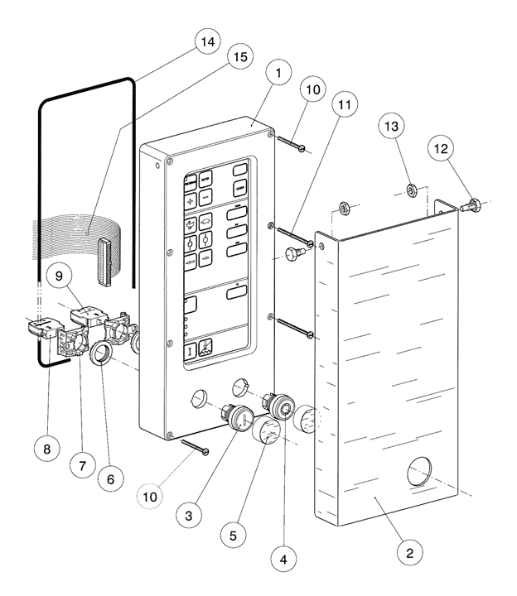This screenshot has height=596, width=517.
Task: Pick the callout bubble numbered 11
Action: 346,108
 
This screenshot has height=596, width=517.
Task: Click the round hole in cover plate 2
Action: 422,477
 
